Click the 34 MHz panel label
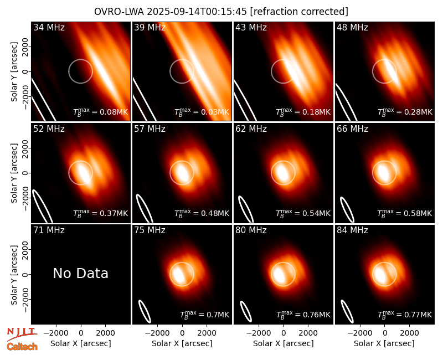point(49,27)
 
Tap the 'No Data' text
point(80,274)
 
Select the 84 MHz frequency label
point(352,230)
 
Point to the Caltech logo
point(22,347)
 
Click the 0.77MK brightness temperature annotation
point(405,315)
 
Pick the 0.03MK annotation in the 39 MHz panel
point(202,112)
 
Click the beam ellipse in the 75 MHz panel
point(145,311)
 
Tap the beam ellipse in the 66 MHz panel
point(347,209)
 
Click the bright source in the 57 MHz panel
point(181,172)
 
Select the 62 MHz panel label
point(251,129)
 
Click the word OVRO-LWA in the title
point(119,12)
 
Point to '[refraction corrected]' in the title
point(299,12)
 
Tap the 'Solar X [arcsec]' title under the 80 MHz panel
point(284,343)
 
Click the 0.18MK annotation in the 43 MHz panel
point(303,112)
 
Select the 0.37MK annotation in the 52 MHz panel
point(101,213)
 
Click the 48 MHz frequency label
point(352,27)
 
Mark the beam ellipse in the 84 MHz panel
point(347,311)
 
